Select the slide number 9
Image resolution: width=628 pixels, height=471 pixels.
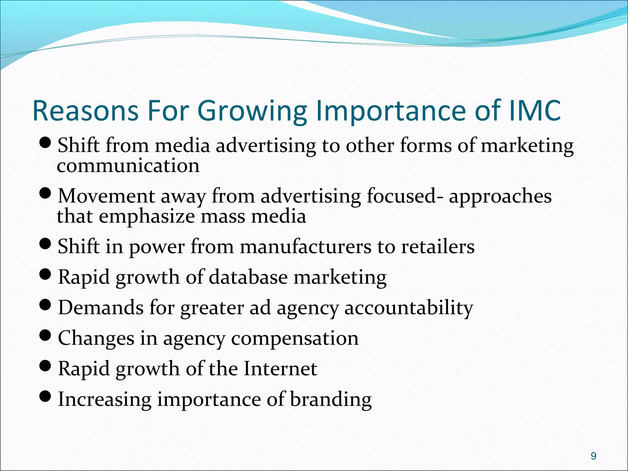(593, 456)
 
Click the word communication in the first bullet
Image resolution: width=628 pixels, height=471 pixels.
(128, 166)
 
